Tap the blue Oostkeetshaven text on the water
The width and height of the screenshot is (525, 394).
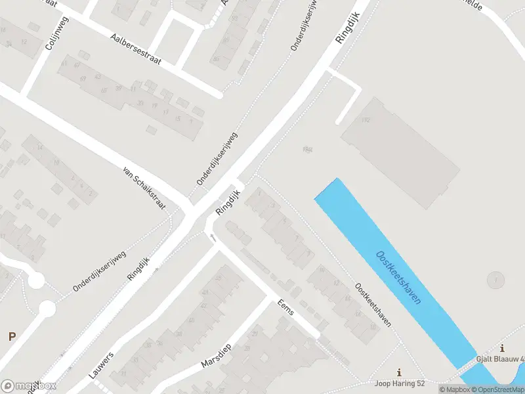point(398,276)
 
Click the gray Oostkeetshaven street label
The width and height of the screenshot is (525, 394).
point(373,305)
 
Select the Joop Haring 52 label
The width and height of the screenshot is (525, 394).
point(400,383)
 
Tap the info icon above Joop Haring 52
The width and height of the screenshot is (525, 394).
point(399,372)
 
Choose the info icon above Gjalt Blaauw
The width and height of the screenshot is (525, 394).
point(502,349)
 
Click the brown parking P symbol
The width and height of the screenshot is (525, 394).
point(11,336)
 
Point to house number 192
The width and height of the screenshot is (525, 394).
point(366,120)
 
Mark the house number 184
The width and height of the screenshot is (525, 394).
point(307,150)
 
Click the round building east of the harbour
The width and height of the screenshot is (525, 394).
point(496,280)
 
